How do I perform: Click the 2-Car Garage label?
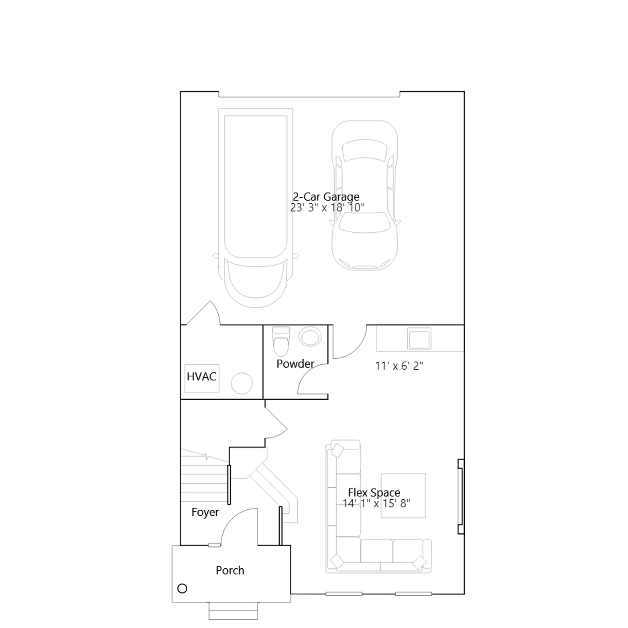pos(326,197)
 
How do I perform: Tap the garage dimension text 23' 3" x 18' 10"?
pos(327,208)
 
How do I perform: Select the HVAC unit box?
pos(202,378)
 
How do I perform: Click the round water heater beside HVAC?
pos(242,383)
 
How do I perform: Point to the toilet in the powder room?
pos(281,341)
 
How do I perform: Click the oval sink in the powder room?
pos(310,337)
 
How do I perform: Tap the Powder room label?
pos(295,364)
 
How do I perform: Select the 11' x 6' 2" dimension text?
pos(399,366)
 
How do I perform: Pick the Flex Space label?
pos(374,493)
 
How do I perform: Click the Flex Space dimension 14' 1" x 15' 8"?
pos(376,503)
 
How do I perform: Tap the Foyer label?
pos(205,512)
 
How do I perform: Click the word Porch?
pos(230,570)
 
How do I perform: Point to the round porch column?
pos(182,588)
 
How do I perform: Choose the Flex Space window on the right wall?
pos(461,497)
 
